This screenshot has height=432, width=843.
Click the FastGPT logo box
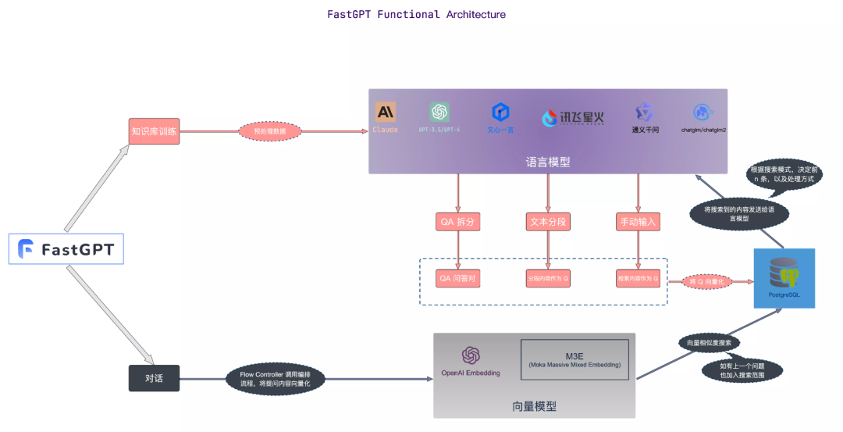[66, 249]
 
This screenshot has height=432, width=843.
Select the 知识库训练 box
[154, 131]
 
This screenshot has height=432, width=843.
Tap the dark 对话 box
[154, 378]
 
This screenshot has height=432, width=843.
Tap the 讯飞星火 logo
[573, 118]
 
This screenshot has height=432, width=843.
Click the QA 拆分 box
[457, 222]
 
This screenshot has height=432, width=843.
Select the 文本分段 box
[548, 222]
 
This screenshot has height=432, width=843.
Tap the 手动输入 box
[638, 222]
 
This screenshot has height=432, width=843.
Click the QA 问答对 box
[457, 277]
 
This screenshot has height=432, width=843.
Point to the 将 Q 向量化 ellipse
[709, 280]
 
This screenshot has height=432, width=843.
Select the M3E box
[574, 359]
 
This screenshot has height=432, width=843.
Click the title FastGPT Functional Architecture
[416, 14]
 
